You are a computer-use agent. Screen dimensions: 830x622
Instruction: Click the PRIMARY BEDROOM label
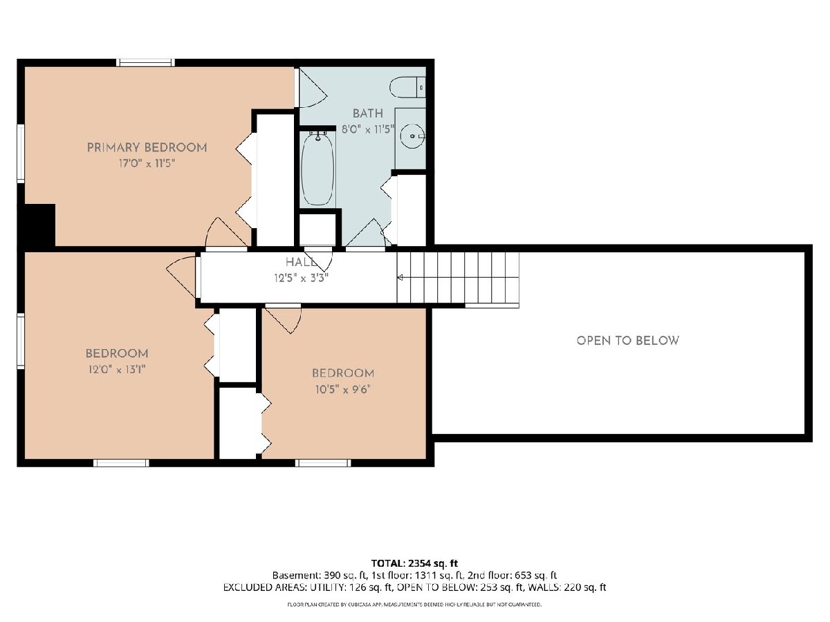pyautogui.click(x=147, y=147)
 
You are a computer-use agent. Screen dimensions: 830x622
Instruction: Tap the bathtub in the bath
pyautogui.click(x=317, y=169)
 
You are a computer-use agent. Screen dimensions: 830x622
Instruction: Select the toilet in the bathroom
pyautogui.click(x=407, y=88)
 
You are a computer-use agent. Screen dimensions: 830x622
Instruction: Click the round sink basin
pyautogui.click(x=412, y=135)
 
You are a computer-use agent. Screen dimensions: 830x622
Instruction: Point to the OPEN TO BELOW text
pyautogui.click(x=628, y=341)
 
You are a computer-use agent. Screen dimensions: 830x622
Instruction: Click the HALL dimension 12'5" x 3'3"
pyautogui.click(x=301, y=279)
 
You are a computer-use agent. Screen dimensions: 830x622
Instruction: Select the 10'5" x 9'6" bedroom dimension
pyautogui.click(x=343, y=389)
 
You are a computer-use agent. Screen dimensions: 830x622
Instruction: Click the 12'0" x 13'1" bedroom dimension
pyautogui.click(x=117, y=369)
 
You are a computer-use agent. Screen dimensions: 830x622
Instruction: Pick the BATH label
pyautogui.click(x=368, y=113)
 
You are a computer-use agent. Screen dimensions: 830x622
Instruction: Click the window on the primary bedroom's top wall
pyautogui.click(x=145, y=63)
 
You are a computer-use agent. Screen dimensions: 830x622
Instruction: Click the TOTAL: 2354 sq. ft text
pyautogui.click(x=414, y=563)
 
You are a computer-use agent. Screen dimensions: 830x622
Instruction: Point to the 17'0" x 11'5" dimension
pyautogui.click(x=147, y=164)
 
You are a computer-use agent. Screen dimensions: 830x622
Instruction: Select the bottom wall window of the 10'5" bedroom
pyautogui.click(x=323, y=462)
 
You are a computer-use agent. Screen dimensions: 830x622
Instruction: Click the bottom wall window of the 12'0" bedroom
pyautogui.click(x=121, y=462)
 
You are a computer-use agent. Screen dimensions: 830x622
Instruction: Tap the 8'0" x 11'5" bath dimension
pyautogui.click(x=368, y=129)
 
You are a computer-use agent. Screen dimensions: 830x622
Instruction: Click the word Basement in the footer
pyautogui.click(x=297, y=575)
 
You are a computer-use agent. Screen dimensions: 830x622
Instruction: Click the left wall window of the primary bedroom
pyautogui.click(x=21, y=153)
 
